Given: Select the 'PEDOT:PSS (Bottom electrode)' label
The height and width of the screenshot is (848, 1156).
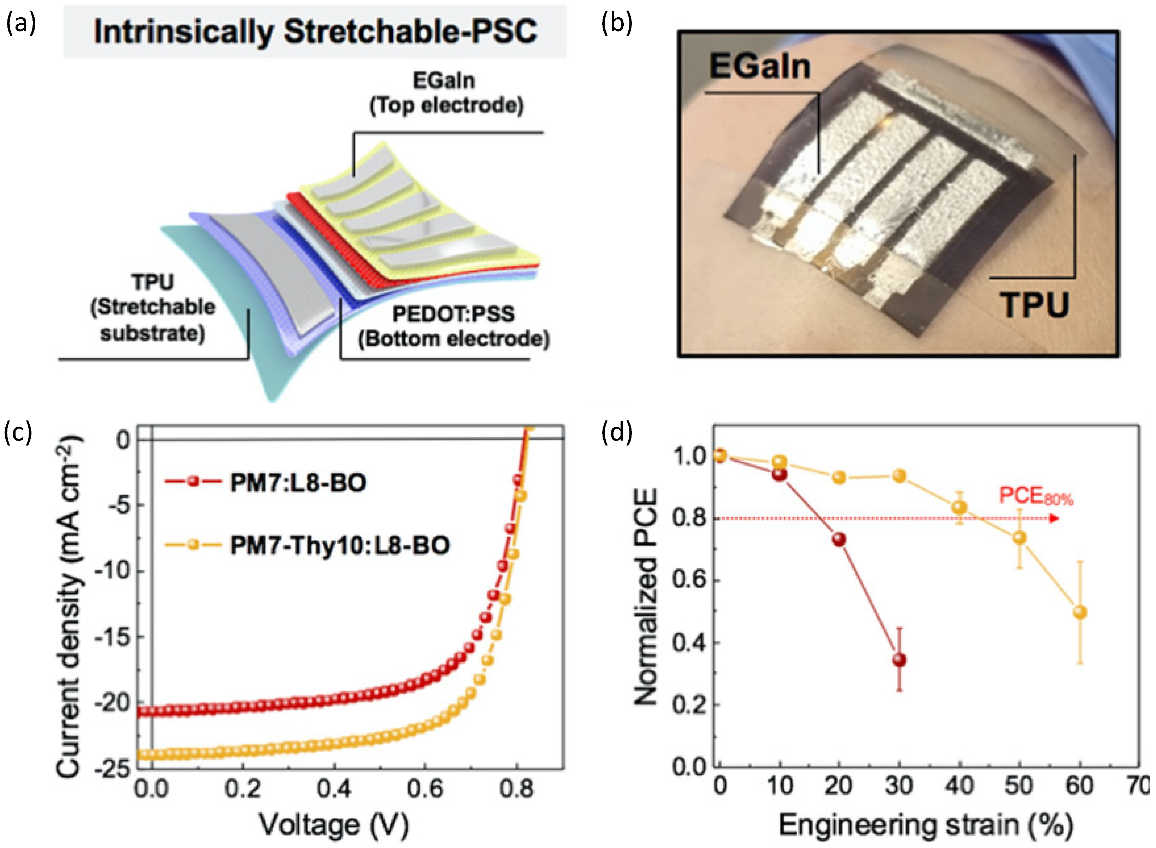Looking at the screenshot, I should (453, 327).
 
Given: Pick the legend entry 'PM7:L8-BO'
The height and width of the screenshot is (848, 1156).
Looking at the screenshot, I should (298, 483).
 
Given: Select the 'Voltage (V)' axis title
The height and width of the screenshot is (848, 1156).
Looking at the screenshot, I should (334, 825).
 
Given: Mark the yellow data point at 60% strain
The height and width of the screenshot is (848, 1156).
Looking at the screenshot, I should (1080, 613).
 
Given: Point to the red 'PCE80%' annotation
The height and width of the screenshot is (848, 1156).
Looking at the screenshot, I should (1036, 497).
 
